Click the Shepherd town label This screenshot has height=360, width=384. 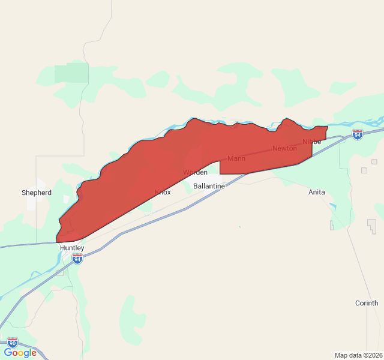pyautogui.click(x=37, y=193)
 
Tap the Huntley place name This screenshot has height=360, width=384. pyautogui.click(x=72, y=247)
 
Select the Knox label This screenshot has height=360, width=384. pyautogui.click(x=163, y=192)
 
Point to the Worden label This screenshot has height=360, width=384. pyautogui.click(x=195, y=172)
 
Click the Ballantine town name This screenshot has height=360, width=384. pyautogui.click(x=209, y=186)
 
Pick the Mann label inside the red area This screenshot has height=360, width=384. pyautogui.click(x=236, y=158)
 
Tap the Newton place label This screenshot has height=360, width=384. pyautogui.click(x=284, y=148)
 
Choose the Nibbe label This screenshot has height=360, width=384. pyautogui.click(x=312, y=142)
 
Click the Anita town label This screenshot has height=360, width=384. pyautogui.click(x=317, y=192)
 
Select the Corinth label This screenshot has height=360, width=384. pyautogui.click(x=367, y=303)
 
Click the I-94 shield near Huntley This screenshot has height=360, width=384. pyautogui.click(x=77, y=259)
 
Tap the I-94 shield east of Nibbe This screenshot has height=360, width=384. pyautogui.click(x=357, y=135)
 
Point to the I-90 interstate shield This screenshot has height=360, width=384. pyautogui.click(x=13, y=343)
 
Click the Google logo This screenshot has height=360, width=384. pyautogui.click(x=20, y=353)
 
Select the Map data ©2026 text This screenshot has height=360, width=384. pyautogui.click(x=358, y=355)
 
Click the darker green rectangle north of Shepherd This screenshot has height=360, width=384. pyautogui.click(x=71, y=73)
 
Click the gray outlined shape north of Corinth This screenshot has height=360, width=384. pyautogui.click(x=372, y=226)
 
